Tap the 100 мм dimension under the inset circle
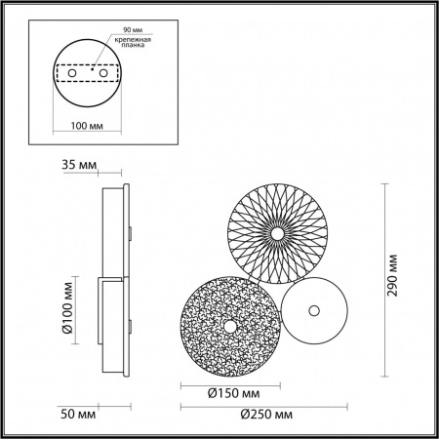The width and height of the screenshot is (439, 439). (89, 125)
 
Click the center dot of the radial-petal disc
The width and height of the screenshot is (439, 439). (277, 234)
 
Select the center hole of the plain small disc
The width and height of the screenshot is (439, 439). (313, 311)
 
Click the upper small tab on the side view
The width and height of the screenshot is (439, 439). (128, 232)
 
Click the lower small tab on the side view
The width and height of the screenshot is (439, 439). (128, 323)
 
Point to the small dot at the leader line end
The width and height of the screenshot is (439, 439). (93, 70)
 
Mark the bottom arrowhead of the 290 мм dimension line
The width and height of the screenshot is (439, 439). (383, 374)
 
